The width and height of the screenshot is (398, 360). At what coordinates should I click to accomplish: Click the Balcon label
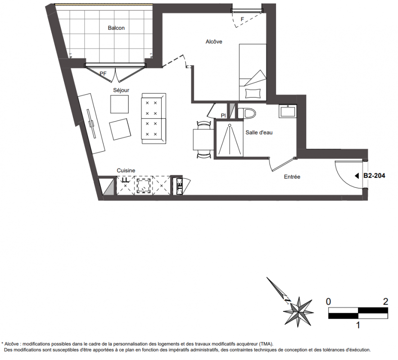(x=116, y=28)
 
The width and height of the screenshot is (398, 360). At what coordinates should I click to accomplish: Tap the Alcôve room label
(x=214, y=41)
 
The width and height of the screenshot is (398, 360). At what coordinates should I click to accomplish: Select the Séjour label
(x=121, y=90)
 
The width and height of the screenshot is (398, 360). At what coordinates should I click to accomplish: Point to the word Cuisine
(x=126, y=171)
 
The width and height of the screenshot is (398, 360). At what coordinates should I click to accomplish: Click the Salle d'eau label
(x=259, y=132)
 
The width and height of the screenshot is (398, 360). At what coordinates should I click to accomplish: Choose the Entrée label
(x=292, y=177)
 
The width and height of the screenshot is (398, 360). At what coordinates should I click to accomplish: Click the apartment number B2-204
(x=374, y=175)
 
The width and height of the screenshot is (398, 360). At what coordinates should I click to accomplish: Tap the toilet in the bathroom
(x=246, y=113)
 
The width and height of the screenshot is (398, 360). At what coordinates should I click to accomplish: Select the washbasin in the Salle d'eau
(x=288, y=111)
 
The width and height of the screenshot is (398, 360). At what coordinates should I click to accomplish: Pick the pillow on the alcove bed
(x=253, y=93)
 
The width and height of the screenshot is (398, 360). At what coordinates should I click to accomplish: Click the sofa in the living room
(x=154, y=118)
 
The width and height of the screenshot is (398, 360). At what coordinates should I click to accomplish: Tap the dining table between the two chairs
(x=203, y=139)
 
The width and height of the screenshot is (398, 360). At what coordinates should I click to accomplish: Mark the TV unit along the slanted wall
(x=91, y=124)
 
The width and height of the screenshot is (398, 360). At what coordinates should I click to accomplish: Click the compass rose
(x=298, y=312)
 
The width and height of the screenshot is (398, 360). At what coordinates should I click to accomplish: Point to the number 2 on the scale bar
(x=385, y=301)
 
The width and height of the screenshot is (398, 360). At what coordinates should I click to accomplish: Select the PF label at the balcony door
(x=103, y=74)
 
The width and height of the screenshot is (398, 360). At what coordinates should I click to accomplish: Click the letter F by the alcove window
(x=242, y=19)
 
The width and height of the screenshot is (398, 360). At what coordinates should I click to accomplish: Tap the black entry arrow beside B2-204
(x=357, y=176)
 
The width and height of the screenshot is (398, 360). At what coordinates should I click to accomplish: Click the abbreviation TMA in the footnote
(x=266, y=344)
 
